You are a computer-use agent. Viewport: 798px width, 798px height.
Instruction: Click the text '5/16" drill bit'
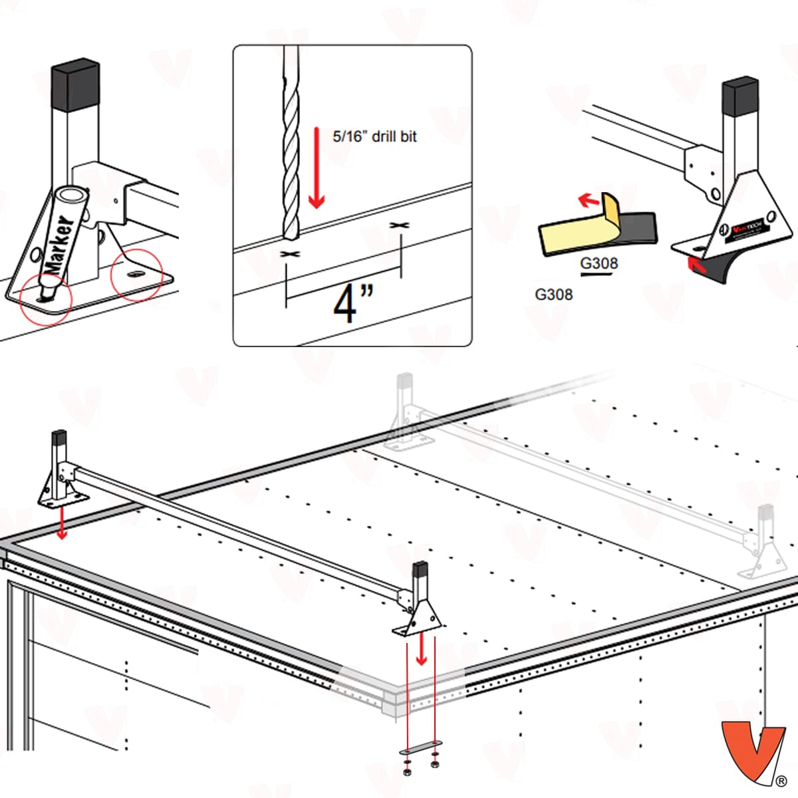[374, 136]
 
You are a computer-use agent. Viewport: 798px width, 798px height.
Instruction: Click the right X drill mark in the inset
[399, 226]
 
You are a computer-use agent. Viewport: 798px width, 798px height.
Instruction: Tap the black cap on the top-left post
[76, 86]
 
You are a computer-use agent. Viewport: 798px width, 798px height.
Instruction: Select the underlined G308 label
[598, 263]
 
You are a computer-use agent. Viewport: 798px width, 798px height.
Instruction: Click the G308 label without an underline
[553, 293]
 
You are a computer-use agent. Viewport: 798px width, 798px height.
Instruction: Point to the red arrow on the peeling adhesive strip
[587, 199]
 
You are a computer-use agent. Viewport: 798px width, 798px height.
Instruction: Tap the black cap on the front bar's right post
[420, 570]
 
